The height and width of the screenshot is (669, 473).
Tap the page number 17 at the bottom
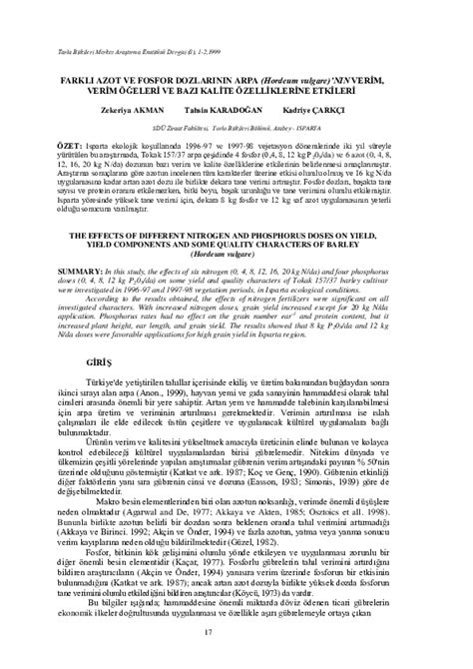(236, 631)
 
